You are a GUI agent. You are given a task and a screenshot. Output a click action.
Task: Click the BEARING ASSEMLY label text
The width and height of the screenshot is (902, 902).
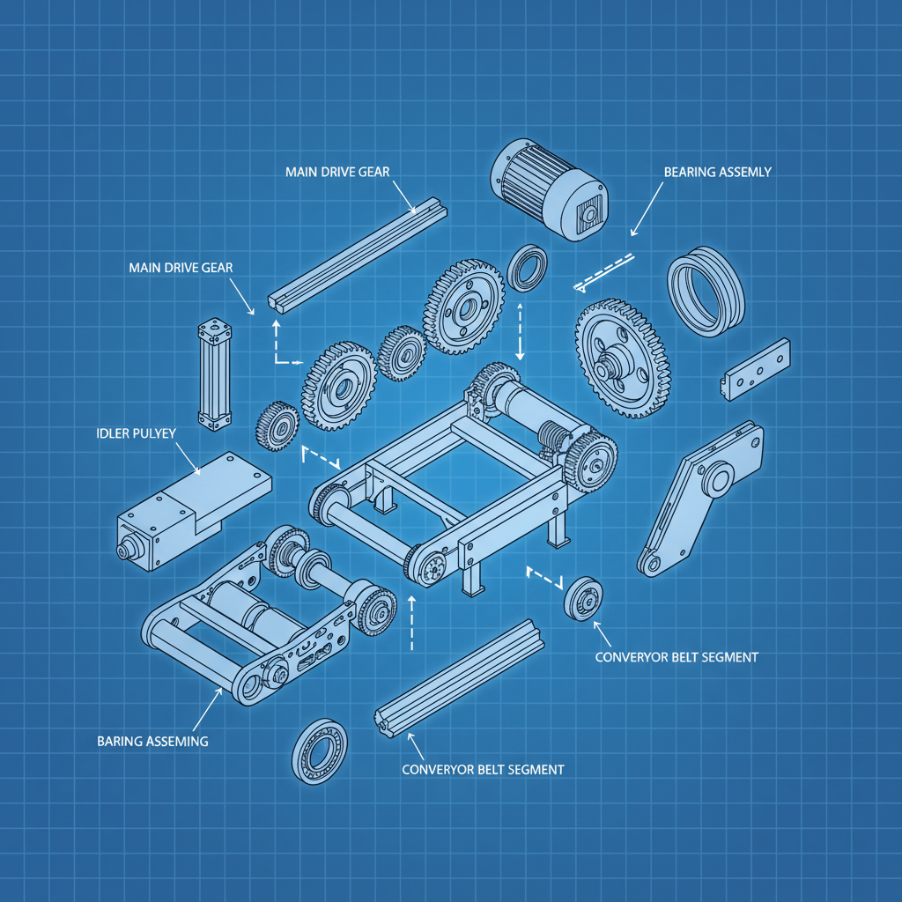tap(717, 172)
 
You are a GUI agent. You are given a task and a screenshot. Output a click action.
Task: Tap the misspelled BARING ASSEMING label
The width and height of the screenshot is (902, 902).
tap(152, 741)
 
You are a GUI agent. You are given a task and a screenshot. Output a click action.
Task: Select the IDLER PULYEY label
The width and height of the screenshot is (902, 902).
tap(137, 434)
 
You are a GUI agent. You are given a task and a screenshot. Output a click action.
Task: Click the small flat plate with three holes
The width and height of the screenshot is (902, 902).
tap(757, 368)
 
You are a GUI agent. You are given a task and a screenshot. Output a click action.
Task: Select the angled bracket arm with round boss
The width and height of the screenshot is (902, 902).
tap(700, 498)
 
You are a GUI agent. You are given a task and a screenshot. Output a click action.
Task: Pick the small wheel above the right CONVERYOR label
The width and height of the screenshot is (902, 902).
tap(583, 599)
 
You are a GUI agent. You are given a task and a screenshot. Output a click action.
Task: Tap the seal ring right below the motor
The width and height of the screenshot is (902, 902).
tap(529, 268)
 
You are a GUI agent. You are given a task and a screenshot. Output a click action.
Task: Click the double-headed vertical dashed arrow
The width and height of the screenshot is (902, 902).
tap(520, 331)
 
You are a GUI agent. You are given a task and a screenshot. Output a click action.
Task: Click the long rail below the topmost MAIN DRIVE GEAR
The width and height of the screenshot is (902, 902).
tap(357, 255)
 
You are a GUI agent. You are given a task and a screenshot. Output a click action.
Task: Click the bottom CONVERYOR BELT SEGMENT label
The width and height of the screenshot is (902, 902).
tap(482, 769)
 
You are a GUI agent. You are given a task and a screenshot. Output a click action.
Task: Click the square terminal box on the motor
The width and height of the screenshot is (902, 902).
tap(586, 216)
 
